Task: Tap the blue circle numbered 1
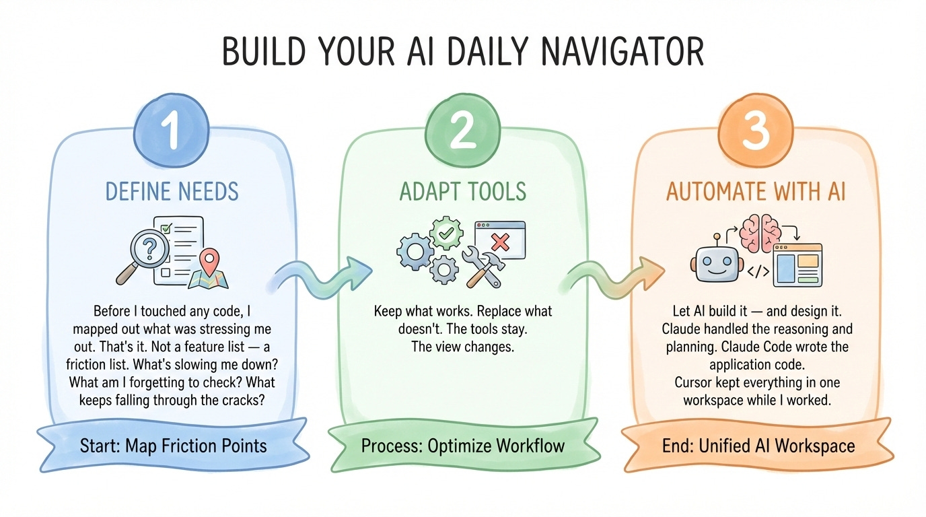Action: [173, 132]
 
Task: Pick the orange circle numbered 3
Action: [754, 132]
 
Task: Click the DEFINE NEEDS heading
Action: [172, 192]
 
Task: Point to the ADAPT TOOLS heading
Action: [462, 192]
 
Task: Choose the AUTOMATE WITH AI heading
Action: [754, 192]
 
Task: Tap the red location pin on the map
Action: [211, 258]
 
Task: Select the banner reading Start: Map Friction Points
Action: [173, 446]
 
